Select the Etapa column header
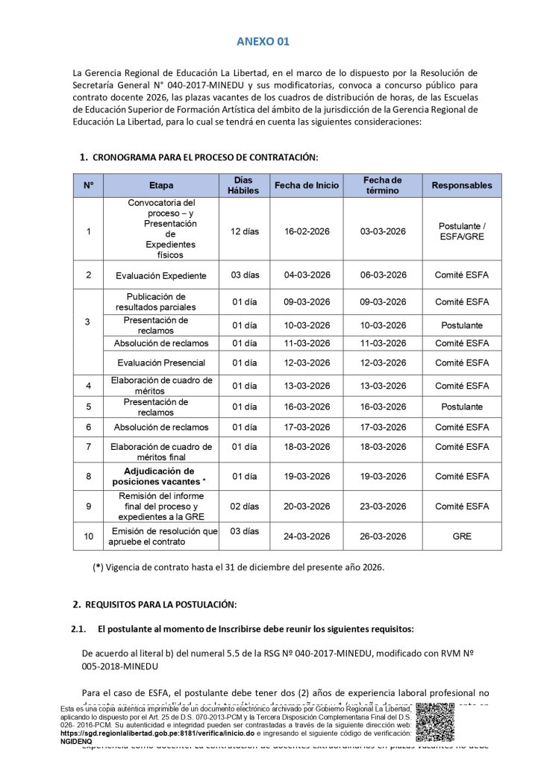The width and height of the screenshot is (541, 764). click(x=160, y=185)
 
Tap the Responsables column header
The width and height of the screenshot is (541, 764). click(x=461, y=185)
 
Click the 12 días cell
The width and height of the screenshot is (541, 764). click(x=245, y=231)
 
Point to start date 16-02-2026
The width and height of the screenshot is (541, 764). click(x=307, y=231)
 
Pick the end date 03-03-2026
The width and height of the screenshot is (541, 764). click(x=383, y=231)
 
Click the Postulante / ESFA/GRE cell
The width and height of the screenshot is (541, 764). click(x=461, y=231)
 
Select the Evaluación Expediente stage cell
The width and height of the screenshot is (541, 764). click(x=160, y=275)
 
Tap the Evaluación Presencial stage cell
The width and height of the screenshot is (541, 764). click(x=160, y=363)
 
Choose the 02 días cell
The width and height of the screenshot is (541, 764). click(x=245, y=506)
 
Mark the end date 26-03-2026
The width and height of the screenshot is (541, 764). click(x=383, y=536)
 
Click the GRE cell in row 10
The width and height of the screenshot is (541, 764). click(x=461, y=536)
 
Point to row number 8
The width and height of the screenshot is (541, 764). click(x=89, y=476)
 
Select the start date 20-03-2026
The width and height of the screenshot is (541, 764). click(x=307, y=506)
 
